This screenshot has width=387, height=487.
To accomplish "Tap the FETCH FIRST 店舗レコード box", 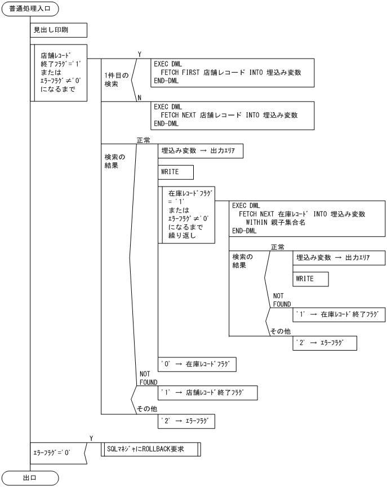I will coord(232,72).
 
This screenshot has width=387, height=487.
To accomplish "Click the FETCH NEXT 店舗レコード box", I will coord(232,115).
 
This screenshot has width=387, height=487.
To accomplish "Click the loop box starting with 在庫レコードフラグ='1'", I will coord(186,215).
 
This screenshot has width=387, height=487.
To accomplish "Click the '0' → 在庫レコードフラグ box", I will coord(197,364).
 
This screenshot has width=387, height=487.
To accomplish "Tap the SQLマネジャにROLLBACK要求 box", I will coord(150,449).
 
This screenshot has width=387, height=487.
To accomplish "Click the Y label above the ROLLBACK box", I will coord(91,437).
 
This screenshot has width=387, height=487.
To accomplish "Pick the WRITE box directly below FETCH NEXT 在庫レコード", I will coord(311,279).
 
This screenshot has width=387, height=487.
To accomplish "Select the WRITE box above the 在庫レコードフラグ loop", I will coord(176,172).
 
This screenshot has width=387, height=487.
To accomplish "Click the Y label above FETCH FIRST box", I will coord(139,54).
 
